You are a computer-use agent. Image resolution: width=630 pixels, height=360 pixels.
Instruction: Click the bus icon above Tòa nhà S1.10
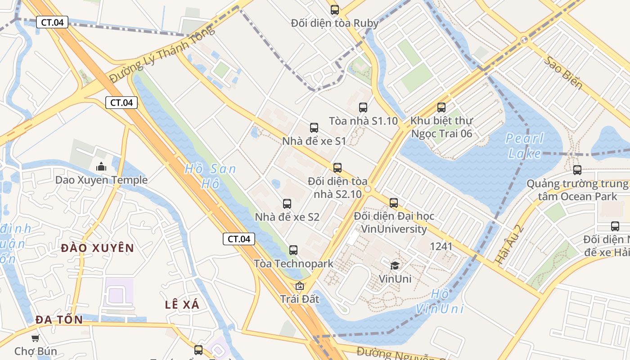click(363, 108)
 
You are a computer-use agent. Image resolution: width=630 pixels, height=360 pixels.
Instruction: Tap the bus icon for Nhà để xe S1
click(314, 128)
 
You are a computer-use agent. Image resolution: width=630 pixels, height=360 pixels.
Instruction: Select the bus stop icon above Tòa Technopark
click(293, 250)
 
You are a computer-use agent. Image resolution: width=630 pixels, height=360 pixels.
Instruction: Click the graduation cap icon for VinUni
click(395, 265)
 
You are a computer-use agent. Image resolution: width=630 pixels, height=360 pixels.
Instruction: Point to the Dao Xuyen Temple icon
click(101, 166)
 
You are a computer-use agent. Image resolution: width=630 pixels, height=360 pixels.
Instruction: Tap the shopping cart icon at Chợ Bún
click(35, 338)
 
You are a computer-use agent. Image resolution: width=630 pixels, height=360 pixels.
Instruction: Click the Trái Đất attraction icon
click(300, 286)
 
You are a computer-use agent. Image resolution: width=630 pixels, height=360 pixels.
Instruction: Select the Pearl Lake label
click(525, 146)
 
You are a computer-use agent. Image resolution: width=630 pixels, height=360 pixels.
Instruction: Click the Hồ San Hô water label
click(210, 176)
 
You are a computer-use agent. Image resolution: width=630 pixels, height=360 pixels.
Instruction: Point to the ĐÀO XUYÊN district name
click(98, 248)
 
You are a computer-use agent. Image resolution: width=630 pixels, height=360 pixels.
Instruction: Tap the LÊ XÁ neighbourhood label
click(182, 305)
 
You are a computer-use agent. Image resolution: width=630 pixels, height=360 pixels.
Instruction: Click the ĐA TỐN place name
click(59, 320)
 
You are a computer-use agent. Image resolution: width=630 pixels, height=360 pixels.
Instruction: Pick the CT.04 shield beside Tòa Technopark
click(239, 239)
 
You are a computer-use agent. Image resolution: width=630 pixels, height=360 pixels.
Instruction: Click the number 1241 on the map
click(441, 246)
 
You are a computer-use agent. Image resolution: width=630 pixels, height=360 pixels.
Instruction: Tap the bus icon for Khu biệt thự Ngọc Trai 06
click(441, 108)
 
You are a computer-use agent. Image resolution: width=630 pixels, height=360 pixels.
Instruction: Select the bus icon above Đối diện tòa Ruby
click(335, 10)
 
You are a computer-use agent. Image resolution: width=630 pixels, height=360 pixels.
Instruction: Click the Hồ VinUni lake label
click(439, 301)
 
